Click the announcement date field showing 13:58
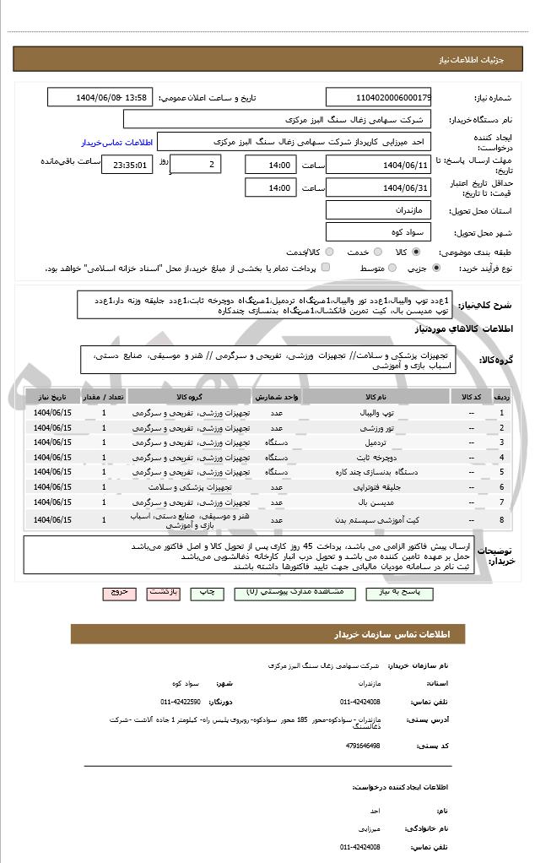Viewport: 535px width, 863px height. click(x=100, y=97)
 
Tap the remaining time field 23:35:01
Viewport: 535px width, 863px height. click(x=127, y=165)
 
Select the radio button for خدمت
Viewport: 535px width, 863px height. click(x=376, y=252)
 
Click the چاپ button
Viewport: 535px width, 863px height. click(x=204, y=593)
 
